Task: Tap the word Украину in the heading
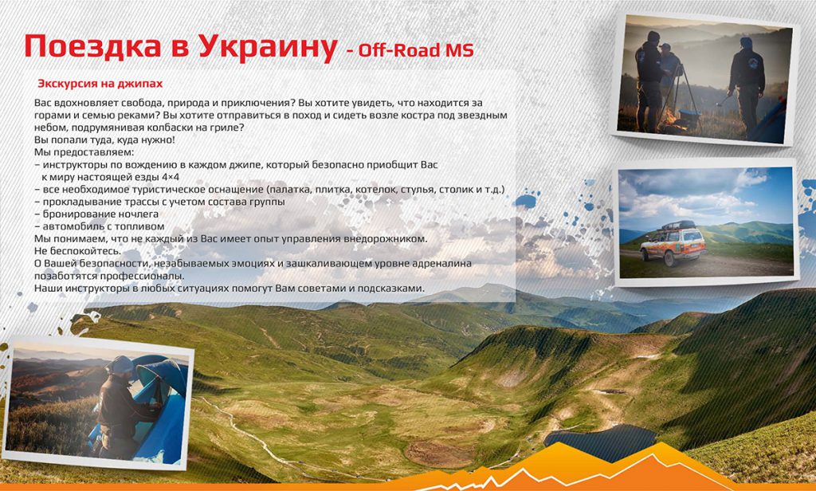pos(268,48)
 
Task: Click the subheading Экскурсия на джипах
pos(100,84)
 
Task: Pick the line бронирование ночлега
pos(96,214)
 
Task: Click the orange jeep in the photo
pos(672,244)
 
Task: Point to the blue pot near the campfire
pos(690,117)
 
